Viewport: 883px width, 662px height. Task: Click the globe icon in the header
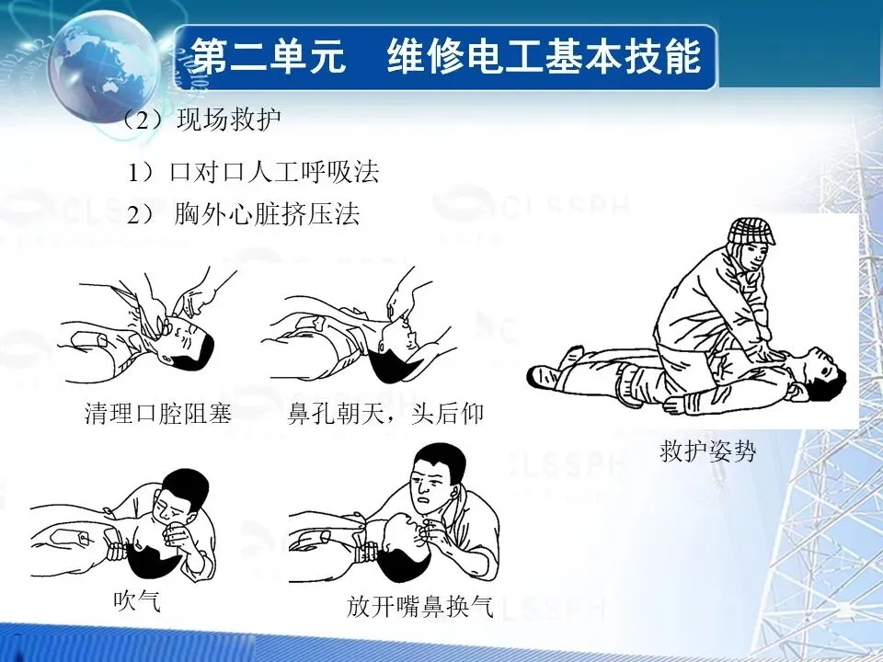(104, 67)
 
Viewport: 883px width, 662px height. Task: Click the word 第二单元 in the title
(268, 56)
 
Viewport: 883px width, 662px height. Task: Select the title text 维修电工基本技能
(544, 56)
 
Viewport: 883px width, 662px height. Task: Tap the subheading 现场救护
(229, 119)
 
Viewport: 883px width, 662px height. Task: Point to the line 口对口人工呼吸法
(274, 172)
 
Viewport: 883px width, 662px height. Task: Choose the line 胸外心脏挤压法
(267, 214)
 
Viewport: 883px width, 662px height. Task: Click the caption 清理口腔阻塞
(158, 413)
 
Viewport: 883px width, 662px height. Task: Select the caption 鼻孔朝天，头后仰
(385, 414)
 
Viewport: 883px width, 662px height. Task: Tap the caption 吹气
(137, 600)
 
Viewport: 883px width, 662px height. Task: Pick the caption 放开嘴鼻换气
(420, 606)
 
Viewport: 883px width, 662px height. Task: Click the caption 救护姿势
(707, 451)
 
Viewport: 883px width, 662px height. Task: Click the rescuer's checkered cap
(751, 231)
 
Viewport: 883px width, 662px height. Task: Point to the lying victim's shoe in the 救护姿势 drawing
(544, 375)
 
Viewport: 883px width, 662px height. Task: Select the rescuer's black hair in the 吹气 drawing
(188, 487)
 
